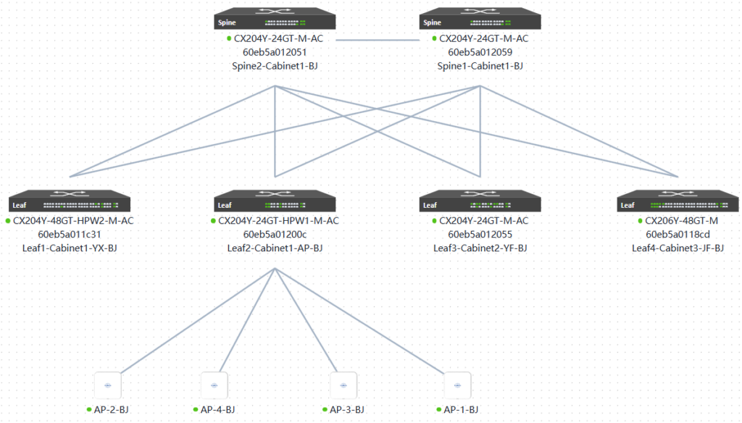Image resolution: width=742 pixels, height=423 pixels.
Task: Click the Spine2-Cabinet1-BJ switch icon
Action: pos(275,20)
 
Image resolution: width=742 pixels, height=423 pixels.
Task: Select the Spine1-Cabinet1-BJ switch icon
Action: pos(480,20)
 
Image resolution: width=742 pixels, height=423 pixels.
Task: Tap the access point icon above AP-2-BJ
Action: pos(107,384)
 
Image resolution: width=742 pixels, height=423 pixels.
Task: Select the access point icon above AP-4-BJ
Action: pos(214,384)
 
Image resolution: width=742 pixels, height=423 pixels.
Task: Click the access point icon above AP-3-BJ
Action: pos(343,384)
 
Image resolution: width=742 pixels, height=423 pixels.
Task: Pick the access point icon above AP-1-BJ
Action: pos(457,384)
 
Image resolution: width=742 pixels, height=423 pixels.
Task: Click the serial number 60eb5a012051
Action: pos(275,52)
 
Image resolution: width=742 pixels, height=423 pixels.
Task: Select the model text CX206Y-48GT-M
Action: pos(682,220)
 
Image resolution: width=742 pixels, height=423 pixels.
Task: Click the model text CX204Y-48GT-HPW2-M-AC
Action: pos(74,220)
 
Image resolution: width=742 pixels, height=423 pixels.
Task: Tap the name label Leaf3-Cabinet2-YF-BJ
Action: pos(480,248)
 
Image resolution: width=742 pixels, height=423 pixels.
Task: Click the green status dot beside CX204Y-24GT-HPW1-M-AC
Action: pos(213,220)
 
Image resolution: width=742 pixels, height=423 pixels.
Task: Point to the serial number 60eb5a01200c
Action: pos(275,234)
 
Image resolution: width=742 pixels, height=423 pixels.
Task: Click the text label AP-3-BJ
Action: pos(347,410)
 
